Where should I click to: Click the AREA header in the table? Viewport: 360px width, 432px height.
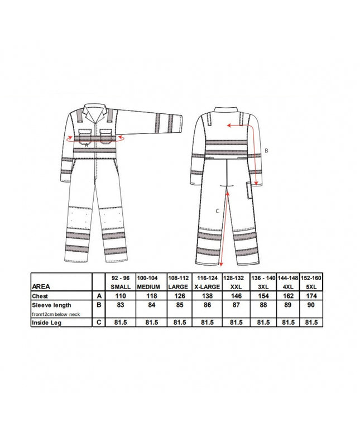[41, 286]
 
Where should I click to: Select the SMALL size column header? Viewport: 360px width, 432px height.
[121, 287]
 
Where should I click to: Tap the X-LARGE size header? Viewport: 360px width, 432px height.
[207, 287]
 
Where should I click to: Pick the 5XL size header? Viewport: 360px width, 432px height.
[311, 287]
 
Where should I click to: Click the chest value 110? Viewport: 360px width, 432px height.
[121, 296]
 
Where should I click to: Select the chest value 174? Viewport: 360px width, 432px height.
[311, 296]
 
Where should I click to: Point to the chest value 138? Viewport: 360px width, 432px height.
[207, 296]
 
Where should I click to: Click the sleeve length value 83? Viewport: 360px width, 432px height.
[121, 305]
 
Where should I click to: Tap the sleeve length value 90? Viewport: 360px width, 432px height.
[311, 305]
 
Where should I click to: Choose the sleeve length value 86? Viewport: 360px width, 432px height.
[207, 305]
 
